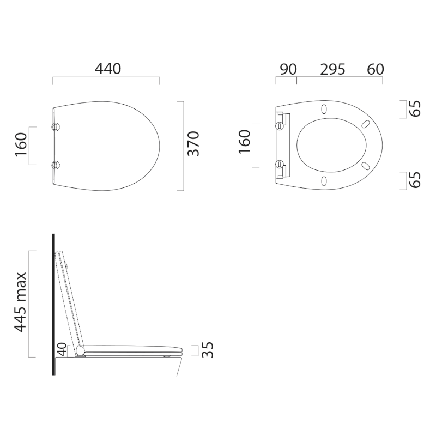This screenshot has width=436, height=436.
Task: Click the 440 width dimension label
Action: point(108,69)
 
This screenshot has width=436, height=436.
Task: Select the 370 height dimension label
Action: point(193,143)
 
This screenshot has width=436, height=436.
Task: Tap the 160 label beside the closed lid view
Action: point(21,144)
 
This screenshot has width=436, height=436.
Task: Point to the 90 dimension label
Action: point(288,69)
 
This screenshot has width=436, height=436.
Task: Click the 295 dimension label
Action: point(332,69)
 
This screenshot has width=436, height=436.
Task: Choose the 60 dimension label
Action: point(376,69)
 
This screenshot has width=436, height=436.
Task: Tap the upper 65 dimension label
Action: point(415,108)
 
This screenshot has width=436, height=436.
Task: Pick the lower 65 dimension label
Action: point(415,180)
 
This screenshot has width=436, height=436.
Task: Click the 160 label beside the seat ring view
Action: point(244,142)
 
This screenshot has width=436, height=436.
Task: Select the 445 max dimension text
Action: point(20,302)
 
